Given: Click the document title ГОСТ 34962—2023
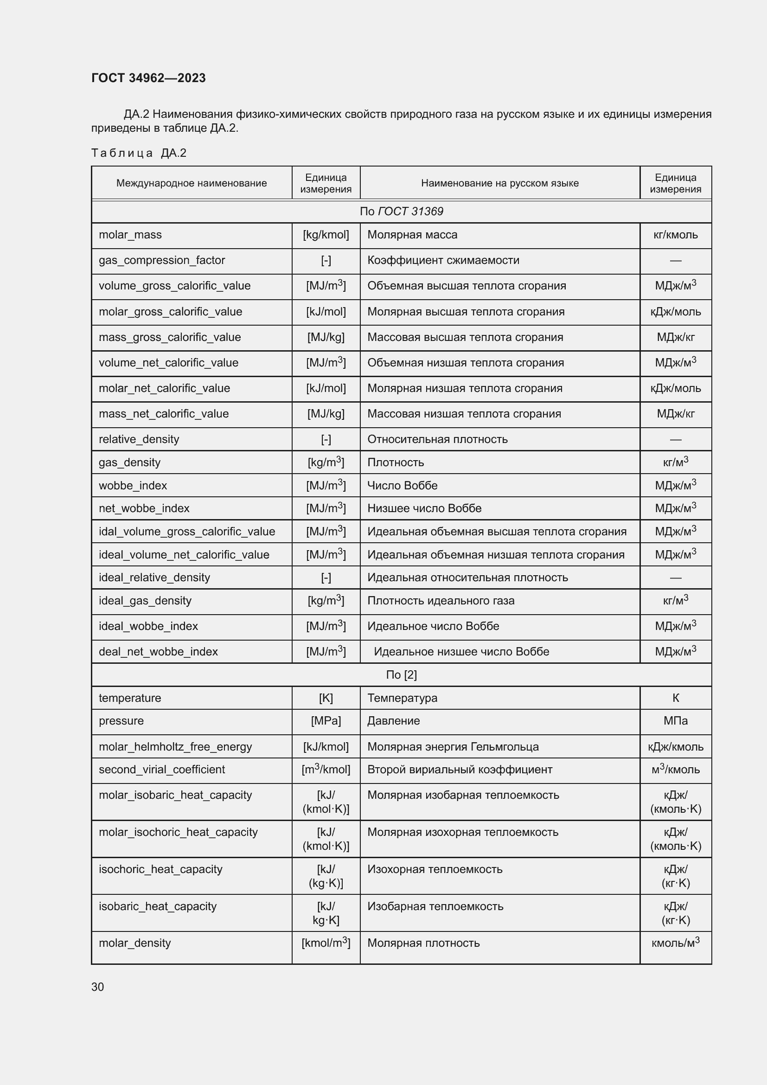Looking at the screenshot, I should (148, 78).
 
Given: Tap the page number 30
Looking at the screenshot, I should (97, 987).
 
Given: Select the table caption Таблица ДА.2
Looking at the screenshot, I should (139, 153).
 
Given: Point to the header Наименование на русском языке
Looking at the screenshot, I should (500, 183).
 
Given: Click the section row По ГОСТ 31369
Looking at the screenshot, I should (402, 211).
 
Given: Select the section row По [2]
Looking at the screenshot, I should (402, 675).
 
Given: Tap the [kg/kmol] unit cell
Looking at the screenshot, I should (326, 235).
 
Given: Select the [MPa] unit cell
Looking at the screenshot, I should (326, 721).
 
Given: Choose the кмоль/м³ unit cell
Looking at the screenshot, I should (675, 943).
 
